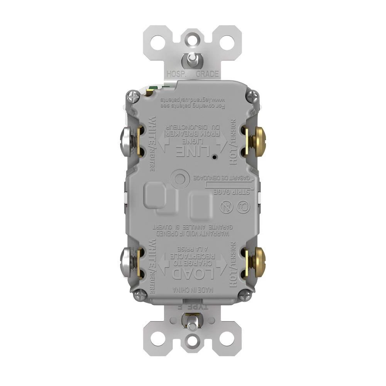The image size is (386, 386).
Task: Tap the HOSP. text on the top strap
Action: click(x=176, y=74)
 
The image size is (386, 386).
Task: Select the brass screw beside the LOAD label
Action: click(x=256, y=262)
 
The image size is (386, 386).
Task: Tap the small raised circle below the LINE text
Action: click(x=179, y=179)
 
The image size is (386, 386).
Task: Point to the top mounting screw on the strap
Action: click(x=192, y=59)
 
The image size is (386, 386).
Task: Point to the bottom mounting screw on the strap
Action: click(x=192, y=320)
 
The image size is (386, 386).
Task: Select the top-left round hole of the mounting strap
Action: click(x=157, y=42)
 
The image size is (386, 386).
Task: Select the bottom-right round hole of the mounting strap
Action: click(x=227, y=339)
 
